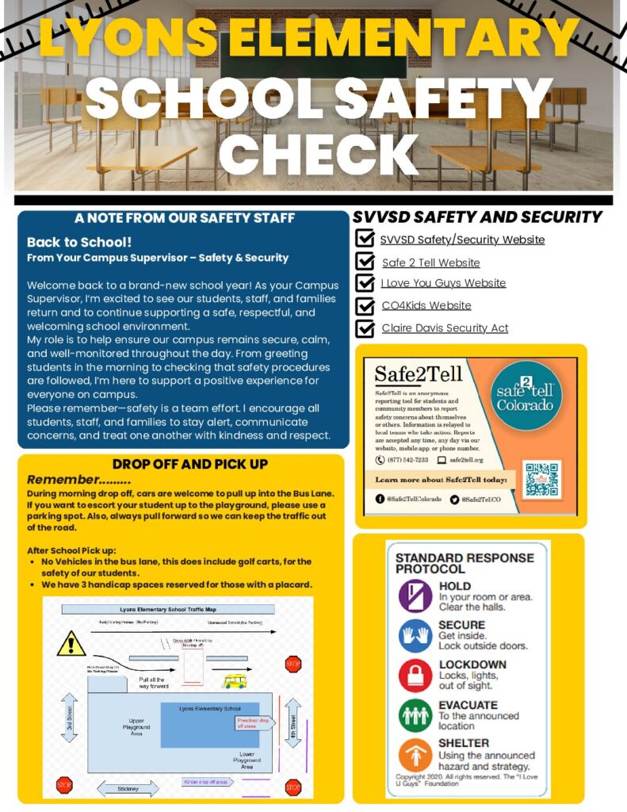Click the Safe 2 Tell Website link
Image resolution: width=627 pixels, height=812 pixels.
pyautogui.click(x=430, y=262)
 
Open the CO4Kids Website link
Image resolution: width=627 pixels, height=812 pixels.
pyautogui.click(x=426, y=305)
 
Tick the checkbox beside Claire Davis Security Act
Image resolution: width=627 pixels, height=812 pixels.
pyautogui.click(x=365, y=328)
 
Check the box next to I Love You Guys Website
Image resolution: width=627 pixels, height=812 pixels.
pyautogui.click(x=365, y=284)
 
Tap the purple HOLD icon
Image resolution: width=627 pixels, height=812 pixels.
pyautogui.click(x=415, y=596)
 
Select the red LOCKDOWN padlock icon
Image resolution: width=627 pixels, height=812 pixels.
pyautogui.click(x=415, y=674)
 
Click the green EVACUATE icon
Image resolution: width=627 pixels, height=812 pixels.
pyautogui.click(x=415, y=714)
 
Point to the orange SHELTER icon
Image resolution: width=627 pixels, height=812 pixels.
pyautogui.click(x=415, y=754)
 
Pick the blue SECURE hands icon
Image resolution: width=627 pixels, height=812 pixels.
pyautogui.click(x=415, y=635)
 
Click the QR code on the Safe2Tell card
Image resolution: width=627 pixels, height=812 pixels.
pyautogui.click(x=542, y=479)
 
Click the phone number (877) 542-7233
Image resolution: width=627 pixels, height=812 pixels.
pyautogui.click(x=402, y=460)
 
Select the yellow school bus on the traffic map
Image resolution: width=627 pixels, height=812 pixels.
pyautogui.click(x=235, y=680)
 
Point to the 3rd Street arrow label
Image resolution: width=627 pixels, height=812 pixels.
pyautogui.click(x=69, y=718)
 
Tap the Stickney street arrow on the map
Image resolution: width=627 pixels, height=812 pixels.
pyautogui.click(x=128, y=788)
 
